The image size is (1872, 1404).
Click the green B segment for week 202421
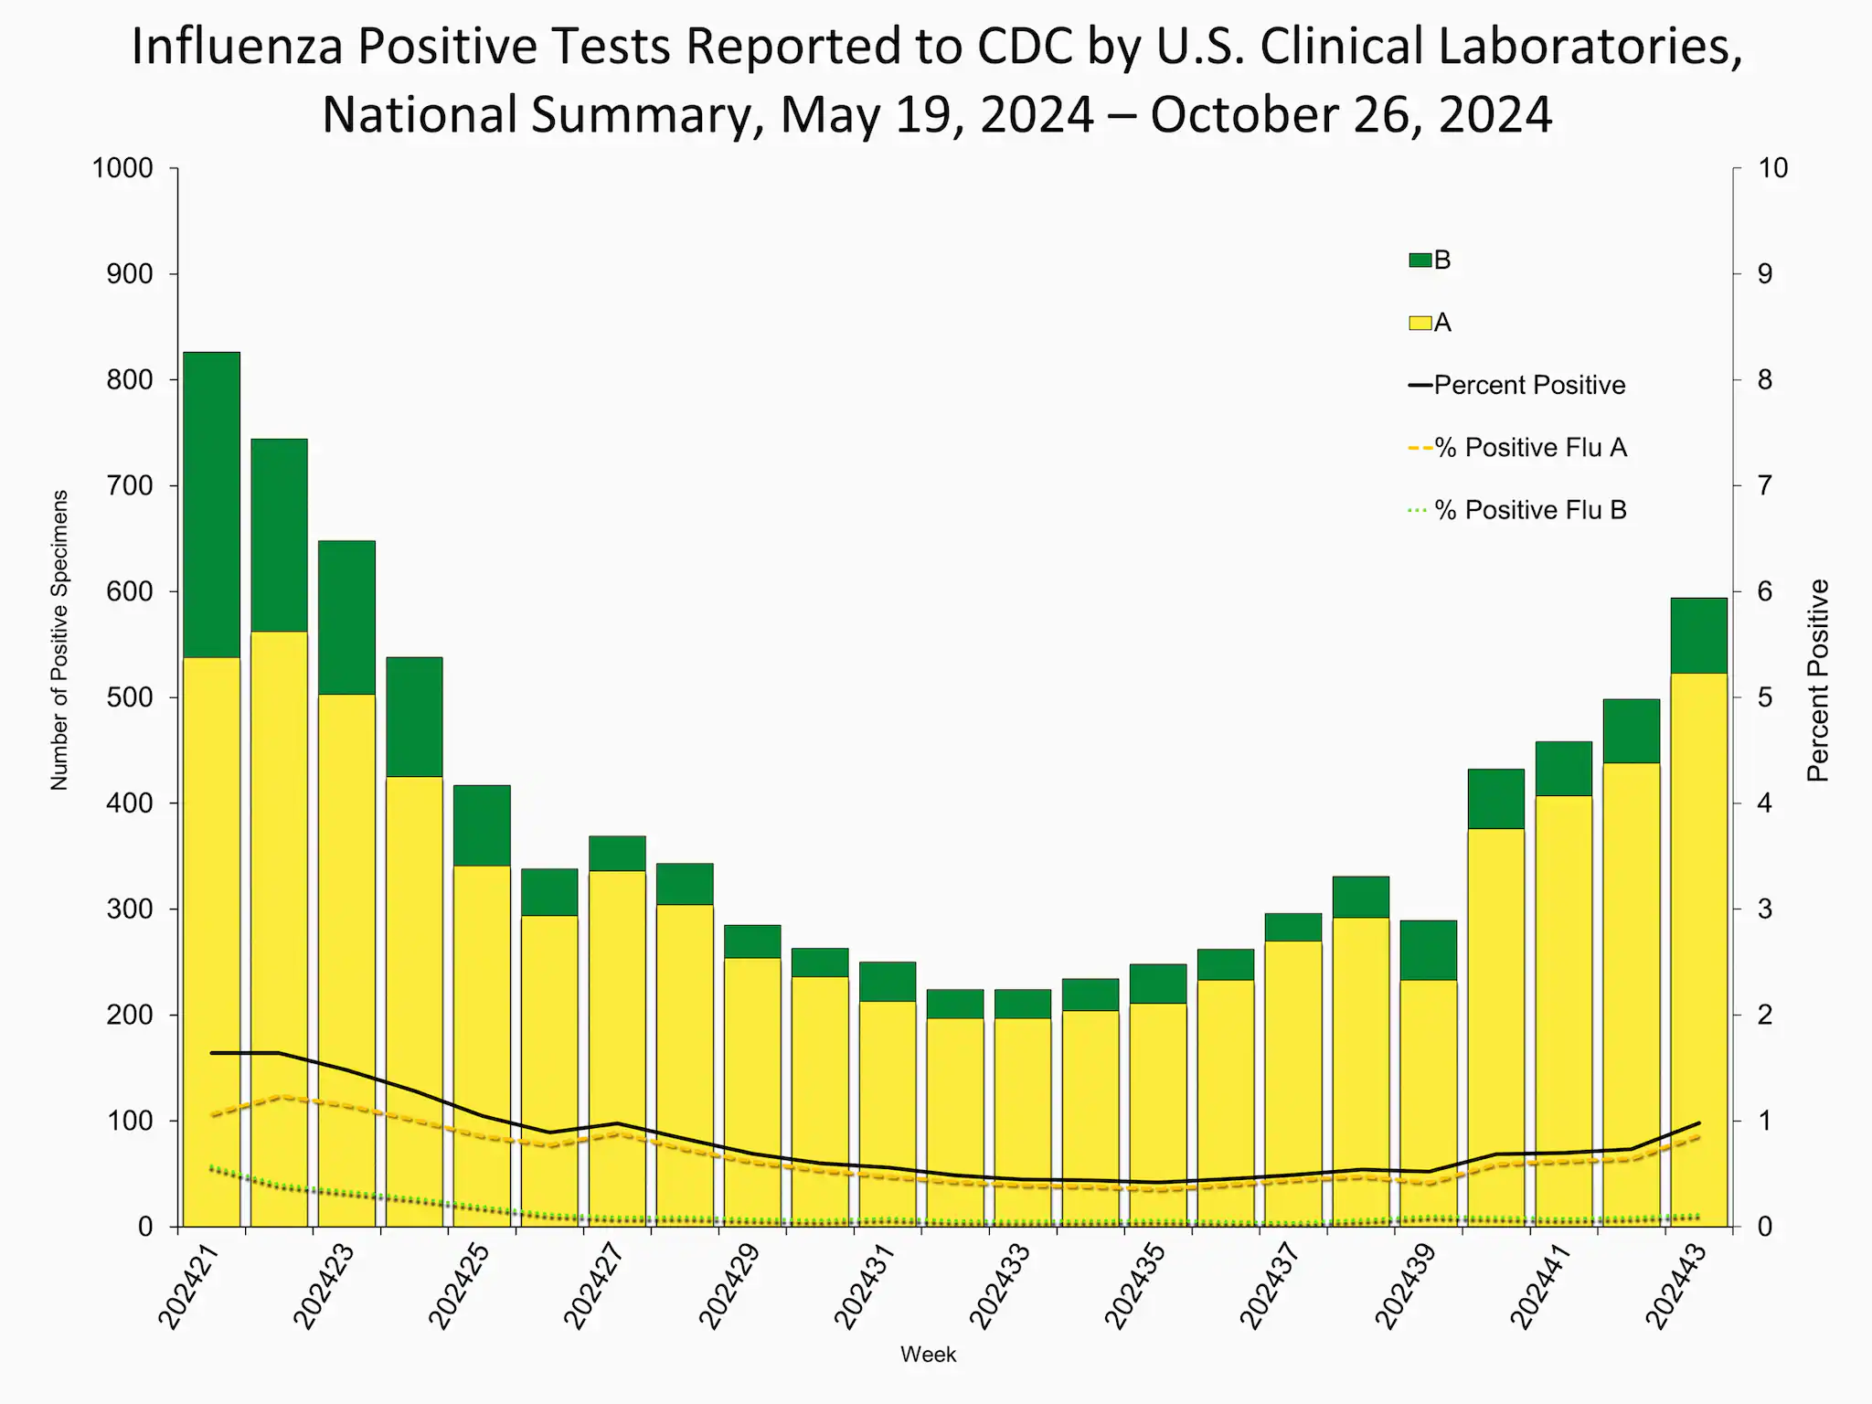click(x=211, y=505)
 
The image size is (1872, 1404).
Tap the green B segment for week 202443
click(x=1698, y=635)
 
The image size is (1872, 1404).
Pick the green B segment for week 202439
click(x=1428, y=950)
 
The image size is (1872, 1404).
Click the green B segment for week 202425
click(x=482, y=824)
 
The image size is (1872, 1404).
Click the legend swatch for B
click(x=1420, y=261)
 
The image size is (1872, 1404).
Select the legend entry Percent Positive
click(x=1528, y=385)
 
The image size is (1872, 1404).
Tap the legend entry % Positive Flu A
click(x=1529, y=448)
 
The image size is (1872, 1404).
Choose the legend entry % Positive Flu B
click(x=1529, y=510)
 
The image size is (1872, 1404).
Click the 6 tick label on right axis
click(x=1764, y=591)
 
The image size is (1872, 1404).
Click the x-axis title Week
click(x=928, y=1355)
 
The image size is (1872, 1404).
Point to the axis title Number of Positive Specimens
click(x=59, y=640)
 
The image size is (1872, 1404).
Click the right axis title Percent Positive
click(x=1818, y=681)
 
